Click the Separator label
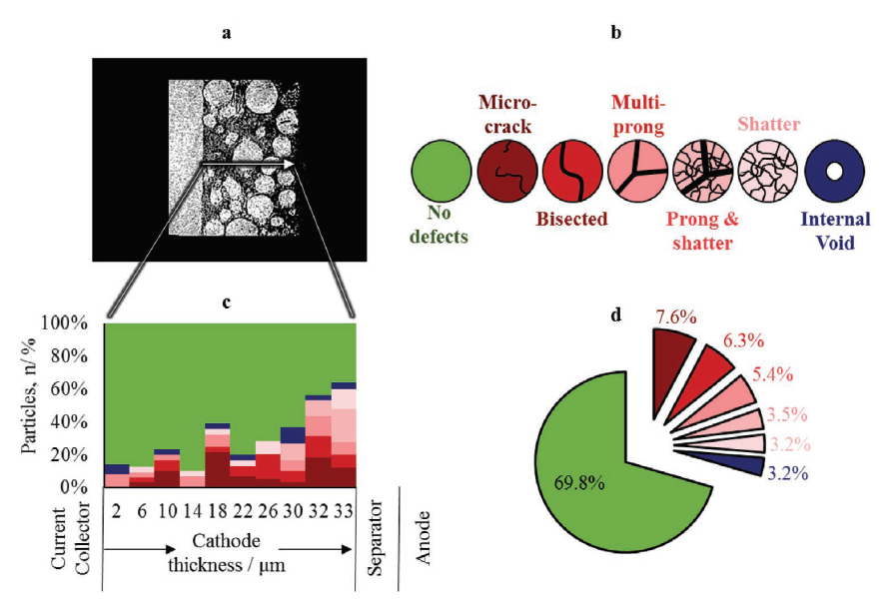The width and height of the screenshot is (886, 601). pos(377,539)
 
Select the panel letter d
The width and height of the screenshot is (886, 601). pos(616,313)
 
